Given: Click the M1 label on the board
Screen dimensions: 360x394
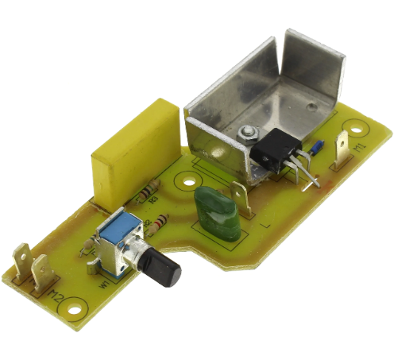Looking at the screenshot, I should (x=359, y=149).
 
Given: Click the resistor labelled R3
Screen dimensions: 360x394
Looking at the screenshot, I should (x=146, y=193).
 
